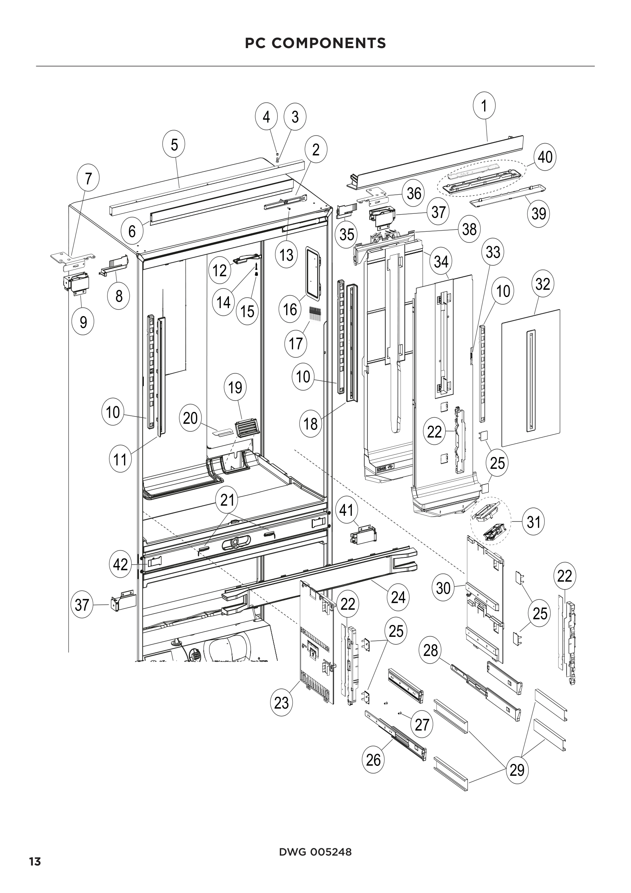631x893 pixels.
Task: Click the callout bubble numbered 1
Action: (484, 105)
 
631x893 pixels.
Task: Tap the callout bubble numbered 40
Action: (545, 157)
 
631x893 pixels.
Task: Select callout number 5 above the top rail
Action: (174, 145)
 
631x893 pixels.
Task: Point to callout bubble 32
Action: (542, 284)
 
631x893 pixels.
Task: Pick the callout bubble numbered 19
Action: (235, 388)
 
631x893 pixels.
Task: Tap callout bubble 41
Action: (346, 510)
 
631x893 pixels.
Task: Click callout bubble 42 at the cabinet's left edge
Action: (120, 564)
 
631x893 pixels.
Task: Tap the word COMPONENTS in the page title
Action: (329, 43)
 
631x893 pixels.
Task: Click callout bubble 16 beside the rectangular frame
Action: (290, 310)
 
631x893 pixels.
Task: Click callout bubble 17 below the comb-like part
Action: (296, 344)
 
